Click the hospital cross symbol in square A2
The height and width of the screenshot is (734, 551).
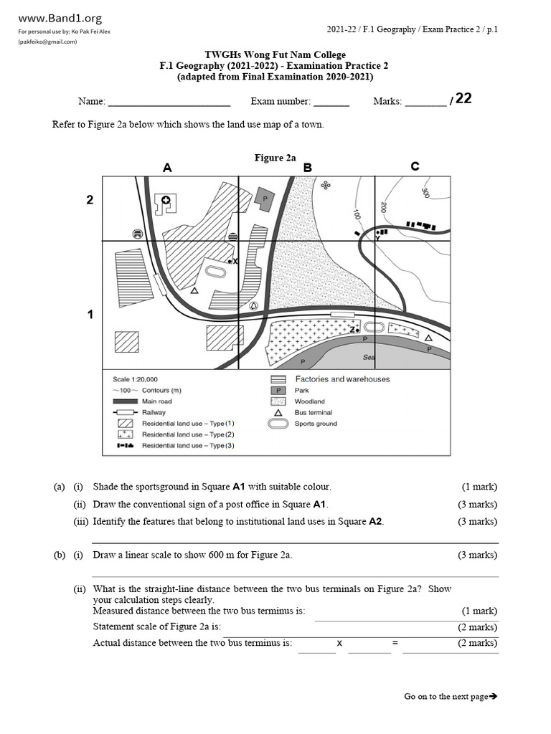166,202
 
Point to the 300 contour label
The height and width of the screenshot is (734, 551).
425,193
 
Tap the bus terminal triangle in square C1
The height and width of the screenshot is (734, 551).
428,338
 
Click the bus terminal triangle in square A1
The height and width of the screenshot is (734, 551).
194,291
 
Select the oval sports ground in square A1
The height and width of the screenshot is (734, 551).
215,271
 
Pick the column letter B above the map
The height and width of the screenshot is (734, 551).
307,168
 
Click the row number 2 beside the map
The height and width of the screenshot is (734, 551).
90,200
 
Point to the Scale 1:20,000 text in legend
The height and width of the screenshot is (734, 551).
136,379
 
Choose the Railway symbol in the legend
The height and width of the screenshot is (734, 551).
125,412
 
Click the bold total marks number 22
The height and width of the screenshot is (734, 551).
463,99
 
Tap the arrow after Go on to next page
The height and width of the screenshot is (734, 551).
493,696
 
